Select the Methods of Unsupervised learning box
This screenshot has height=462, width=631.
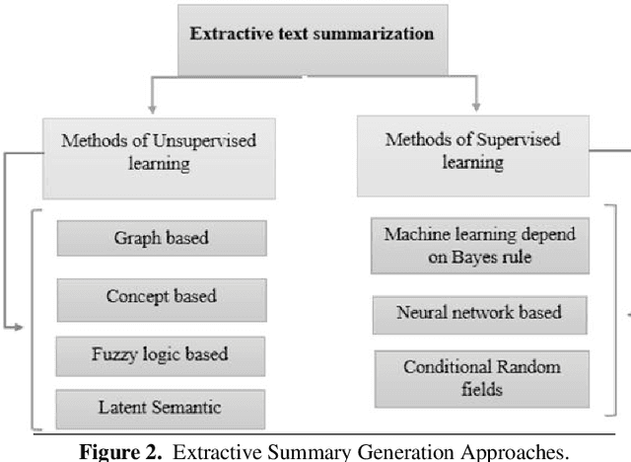[x=159, y=150]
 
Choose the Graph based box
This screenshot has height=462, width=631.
[x=161, y=238]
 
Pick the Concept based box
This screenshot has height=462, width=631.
[x=161, y=296]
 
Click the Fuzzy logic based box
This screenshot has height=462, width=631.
[x=161, y=352]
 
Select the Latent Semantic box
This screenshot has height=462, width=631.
[x=161, y=407]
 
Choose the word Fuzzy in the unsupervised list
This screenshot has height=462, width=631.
[x=118, y=352]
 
